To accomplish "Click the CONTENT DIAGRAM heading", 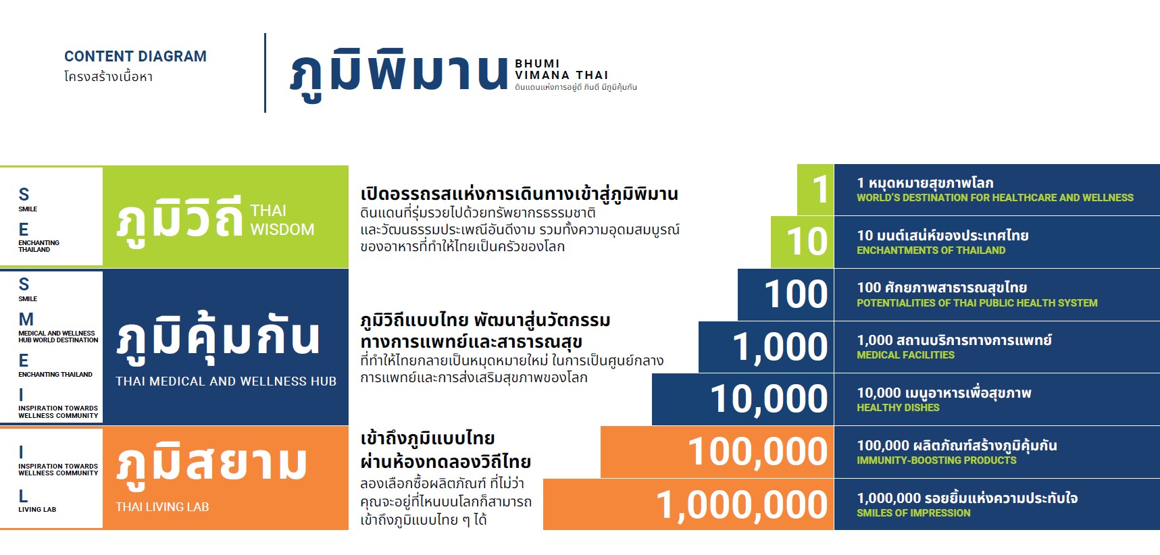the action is (135, 57).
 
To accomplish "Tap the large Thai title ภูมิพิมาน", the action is (399, 73).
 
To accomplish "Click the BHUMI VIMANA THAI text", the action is (561, 70).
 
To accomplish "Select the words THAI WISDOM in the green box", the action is (282, 220).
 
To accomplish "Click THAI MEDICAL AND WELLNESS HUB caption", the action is (226, 381).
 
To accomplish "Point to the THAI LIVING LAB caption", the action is (162, 507).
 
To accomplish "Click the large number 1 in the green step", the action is (820, 190).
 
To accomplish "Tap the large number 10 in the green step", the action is (807, 242).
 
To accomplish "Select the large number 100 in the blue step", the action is (796, 294).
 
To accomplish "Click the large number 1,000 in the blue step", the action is (780, 348).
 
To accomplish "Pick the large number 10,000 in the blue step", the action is (769, 400).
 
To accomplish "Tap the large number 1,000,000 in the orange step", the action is (742, 506).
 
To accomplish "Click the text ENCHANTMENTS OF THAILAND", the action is (931, 250).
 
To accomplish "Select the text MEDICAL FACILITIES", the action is (905, 355).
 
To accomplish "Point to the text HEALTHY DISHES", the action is (898, 408).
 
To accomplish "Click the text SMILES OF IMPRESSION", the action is (913, 513).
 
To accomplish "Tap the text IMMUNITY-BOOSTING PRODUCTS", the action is (936, 460).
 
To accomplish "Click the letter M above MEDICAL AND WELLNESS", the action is (26, 319).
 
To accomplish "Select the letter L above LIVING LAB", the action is (23, 496).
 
